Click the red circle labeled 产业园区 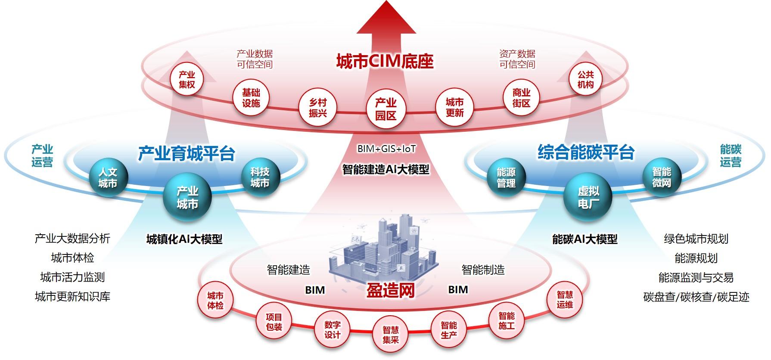pyautogui.click(x=385, y=109)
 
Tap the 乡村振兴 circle pyautogui.click(x=318, y=108)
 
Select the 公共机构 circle pyautogui.click(x=585, y=80)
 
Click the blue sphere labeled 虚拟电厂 pyautogui.click(x=588, y=198)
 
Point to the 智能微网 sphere pyautogui.click(x=661, y=177)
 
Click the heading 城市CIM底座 pyautogui.click(x=385, y=61)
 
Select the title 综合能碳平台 pyautogui.click(x=586, y=152)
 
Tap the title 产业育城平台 pyautogui.click(x=187, y=153)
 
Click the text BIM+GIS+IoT pyautogui.click(x=386, y=149)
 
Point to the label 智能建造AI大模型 pyautogui.click(x=385, y=169)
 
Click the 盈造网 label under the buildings pyautogui.click(x=390, y=290)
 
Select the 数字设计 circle pyautogui.click(x=332, y=330)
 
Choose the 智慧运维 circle pyautogui.click(x=564, y=300)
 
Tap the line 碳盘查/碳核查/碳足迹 pyautogui.click(x=696, y=297)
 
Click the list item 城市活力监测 pyautogui.click(x=72, y=277)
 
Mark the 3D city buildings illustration pyautogui.click(x=383, y=250)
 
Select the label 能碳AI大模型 pyautogui.click(x=584, y=239)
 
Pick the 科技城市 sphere pyautogui.click(x=260, y=177)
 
